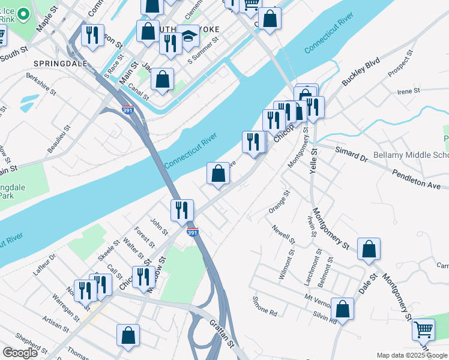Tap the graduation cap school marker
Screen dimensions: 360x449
click(x=188, y=37)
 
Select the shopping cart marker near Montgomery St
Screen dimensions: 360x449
click(x=423, y=329)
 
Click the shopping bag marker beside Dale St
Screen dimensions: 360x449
click(x=369, y=249)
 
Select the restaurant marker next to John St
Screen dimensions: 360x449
click(x=182, y=211)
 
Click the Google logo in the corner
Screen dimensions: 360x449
click(x=20, y=353)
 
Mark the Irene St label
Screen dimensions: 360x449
click(x=409, y=91)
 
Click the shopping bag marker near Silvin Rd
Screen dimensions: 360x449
click(x=342, y=309)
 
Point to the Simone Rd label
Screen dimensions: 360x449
click(x=264, y=306)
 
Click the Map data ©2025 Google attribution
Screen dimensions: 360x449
click(x=412, y=355)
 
